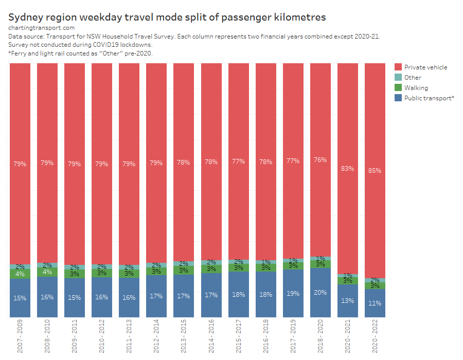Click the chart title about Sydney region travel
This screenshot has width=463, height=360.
[167, 17]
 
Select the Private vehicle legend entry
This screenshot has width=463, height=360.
[425, 67]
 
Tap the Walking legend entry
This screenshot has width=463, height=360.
[416, 88]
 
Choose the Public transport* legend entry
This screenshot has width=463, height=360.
[429, 98]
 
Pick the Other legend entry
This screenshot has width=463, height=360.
[413, 78]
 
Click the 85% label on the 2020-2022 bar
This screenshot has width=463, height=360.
[375, 170]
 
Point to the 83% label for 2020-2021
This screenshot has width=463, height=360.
[347, 168]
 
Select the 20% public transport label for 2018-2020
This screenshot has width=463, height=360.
[320, 293]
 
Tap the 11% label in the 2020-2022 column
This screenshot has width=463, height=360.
[375, 303]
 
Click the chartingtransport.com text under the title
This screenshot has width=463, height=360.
[42, 28]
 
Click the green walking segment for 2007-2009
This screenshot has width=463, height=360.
[20, 274]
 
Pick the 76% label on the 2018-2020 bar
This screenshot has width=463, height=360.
[320, 160]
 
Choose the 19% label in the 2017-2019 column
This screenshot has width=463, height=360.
[293, 294]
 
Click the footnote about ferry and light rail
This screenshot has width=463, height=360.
[81, 53]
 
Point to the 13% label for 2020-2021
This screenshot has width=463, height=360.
[347, 301]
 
